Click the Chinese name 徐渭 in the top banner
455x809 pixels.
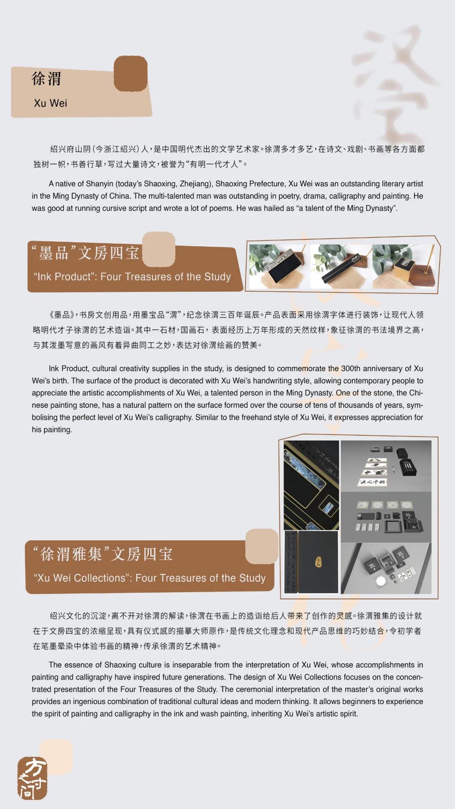click(x=46, y=79)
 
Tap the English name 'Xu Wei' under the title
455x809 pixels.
click(x=50, y=103)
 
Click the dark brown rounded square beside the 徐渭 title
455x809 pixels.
click(x=131, y=74)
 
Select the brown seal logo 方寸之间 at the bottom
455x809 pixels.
click(x=32, y=778)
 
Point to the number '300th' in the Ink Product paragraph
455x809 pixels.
click(x=351, y=368)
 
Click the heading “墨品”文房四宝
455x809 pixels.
click(x=86, y=253)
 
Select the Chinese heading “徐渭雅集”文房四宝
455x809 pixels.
click(x=103, y=554)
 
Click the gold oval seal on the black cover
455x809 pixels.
click(x=319, y=562)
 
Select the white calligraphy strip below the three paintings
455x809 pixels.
click(x=372, y=482)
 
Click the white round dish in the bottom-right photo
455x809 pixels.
click(x=381, y=581)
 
